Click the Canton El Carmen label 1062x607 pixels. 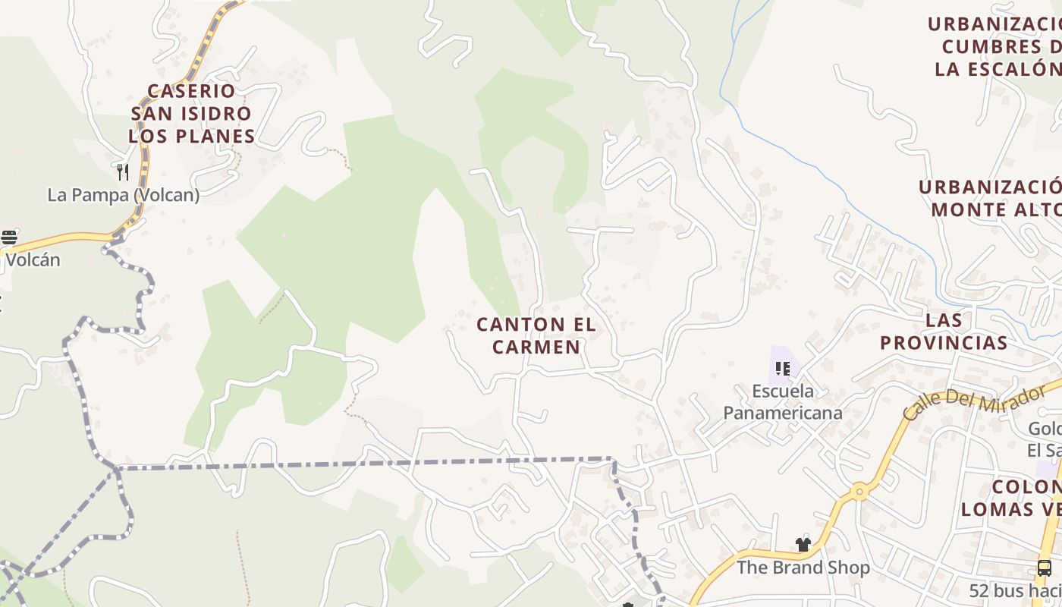pyautogui.click(x=536, y=335)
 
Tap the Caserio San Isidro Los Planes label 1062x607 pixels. pyautogui.click(x=191, y=113)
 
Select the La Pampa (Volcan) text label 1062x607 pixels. pyautogui.click(x=123, y=195)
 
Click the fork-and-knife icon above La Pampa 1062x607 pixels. pyautogui.click(x=122, y=172)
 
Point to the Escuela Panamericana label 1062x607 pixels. pyautogui.click(x=782, y=402)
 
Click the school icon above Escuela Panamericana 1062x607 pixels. pyautogui.click(x=782, y=370)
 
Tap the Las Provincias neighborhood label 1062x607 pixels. pyautogui.click(x=944, y=332)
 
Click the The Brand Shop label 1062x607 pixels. pyautogui.click(x=803, y=567)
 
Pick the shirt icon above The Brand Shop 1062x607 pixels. pyautogui.click(x=803, y=544)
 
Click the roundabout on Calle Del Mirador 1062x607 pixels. pyautogui.click(x=859, y=491)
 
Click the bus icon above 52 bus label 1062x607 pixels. pyautogui.click(x=1044, y=568)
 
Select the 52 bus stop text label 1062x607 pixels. pyautogui.click(x=1015, y=590)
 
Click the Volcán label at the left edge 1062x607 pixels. pyautogui.click(x=32, y=259)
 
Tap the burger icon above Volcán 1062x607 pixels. pyautogui.click(x=9, y=237)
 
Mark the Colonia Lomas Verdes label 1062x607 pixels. pyautogui.click(x=1013, y=498)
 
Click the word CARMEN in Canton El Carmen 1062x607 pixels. pyautogui.click(x=536, y=347)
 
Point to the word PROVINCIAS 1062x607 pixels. pyautogui.click(x=944, y=343)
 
